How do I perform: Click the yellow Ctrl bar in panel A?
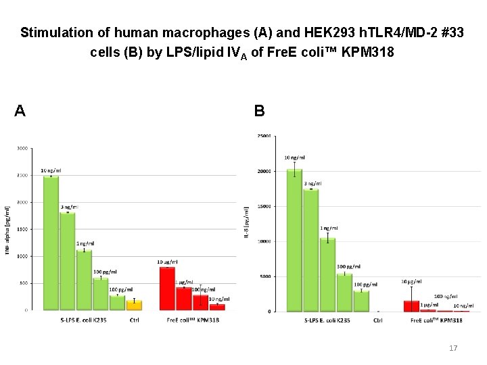(135, 306)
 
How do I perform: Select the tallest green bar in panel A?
(51, 243)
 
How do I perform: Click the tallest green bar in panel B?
(294, 240)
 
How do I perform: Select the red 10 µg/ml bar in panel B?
(411, 306)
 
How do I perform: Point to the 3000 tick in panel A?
(22, 148)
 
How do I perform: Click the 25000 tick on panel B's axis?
(263, 137)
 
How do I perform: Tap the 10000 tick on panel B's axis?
(263, 241)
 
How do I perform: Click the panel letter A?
(20, 111)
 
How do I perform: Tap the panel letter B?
(259, 111)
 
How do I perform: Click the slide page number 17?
(453, 348)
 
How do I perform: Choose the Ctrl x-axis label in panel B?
(377, 320)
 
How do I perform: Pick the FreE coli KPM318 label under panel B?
(436, 320)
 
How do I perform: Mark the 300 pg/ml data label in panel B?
(349, 267)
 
